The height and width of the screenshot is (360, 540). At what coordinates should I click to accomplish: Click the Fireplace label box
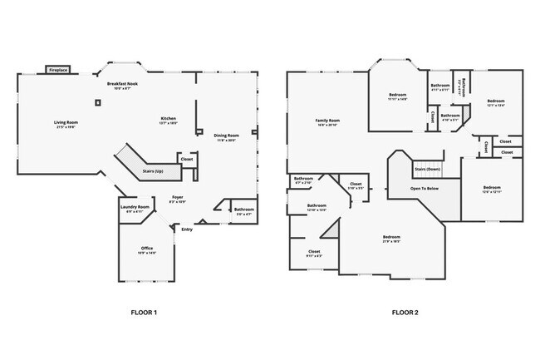[x=57, y=71]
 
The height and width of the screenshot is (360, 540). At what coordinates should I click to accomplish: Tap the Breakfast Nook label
[x=121, y=86]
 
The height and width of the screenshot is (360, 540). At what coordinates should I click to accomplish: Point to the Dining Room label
[x=227, y=136]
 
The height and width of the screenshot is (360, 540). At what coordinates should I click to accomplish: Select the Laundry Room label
[x=135, y=208]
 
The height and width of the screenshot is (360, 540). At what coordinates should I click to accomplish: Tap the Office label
[x=147, y=249]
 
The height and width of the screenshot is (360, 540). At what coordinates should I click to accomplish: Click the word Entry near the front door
[x=186, y=229]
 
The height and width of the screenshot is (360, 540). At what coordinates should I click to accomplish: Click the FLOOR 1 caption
[x=144, y=313]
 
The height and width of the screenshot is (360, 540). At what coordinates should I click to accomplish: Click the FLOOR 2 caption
[x=405, y=313]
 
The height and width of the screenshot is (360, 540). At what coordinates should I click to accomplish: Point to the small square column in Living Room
[x=98, y=103]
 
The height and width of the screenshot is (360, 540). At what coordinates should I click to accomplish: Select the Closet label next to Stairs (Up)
[x=187, y=158]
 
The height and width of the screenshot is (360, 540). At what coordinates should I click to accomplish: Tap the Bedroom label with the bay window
[x=398, y=96]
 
